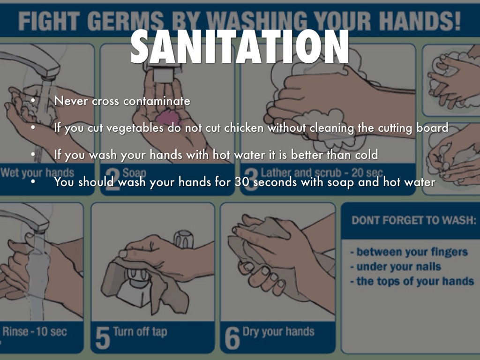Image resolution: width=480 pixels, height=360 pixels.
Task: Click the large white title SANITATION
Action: coord(240,46)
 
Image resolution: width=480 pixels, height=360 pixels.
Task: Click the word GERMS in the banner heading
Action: coord(126,21)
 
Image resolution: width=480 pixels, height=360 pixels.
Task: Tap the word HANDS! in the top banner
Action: coord(420,21)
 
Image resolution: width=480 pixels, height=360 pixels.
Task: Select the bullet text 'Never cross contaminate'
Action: coord(122,101)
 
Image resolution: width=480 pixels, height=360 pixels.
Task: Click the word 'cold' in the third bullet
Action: coord(367,155)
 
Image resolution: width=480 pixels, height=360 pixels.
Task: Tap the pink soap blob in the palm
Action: coord(169,118)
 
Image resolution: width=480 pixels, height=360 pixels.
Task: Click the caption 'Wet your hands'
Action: coord(37,173)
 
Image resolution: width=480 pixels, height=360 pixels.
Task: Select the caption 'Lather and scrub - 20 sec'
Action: coord(322,172)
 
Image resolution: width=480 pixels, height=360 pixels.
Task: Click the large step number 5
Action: coord(102,337)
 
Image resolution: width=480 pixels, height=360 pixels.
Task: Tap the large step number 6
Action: coord(232,337)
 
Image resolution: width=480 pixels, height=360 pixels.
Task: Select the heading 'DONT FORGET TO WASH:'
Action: coord(414,220)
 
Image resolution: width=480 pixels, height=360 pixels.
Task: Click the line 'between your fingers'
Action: coord(409,252)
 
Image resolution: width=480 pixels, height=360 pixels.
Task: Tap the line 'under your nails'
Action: coord(396,267)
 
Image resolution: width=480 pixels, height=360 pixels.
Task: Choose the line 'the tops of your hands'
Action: coord(412,281)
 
